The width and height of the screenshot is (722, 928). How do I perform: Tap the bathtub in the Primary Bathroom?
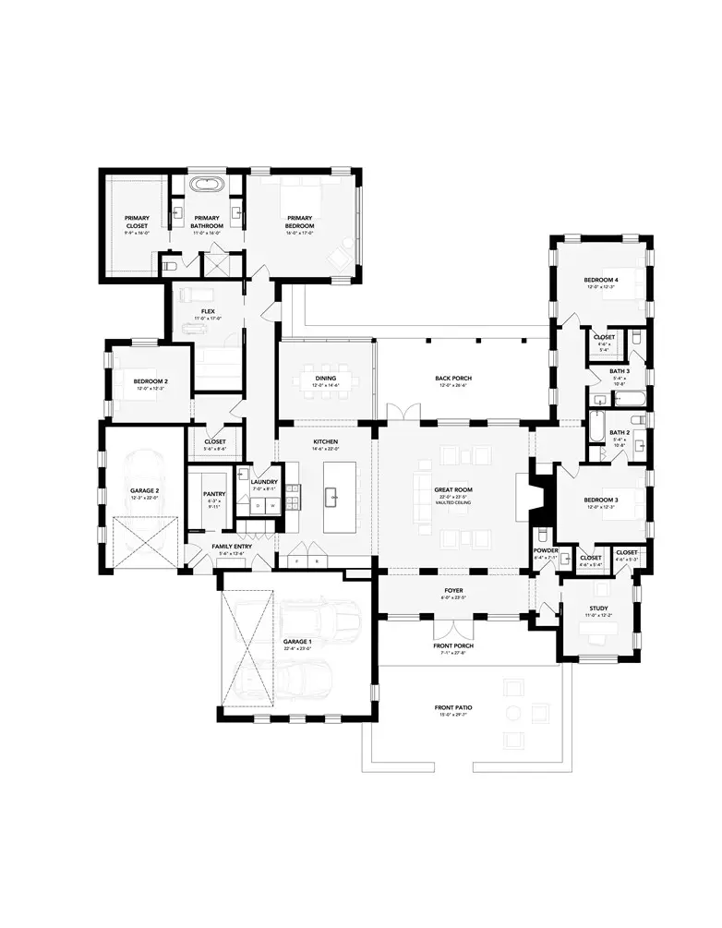[207, 185]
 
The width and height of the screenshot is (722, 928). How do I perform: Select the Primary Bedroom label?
[299, 222]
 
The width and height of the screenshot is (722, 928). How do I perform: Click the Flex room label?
[208, 312]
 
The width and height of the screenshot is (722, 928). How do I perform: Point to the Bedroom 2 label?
[150, 381]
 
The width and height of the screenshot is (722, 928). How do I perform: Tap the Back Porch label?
[452, 379]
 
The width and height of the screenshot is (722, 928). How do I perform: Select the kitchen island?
[334, 496]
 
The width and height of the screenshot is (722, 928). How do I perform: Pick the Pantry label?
[213, 494]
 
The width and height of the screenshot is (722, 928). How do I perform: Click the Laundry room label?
[264, 482]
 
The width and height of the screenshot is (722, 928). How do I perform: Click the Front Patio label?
[453, 708]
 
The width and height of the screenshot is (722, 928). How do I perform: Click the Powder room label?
[546, 550]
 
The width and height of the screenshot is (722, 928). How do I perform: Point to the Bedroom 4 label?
[601, 280]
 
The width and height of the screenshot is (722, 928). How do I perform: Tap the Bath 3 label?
[619, 371]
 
